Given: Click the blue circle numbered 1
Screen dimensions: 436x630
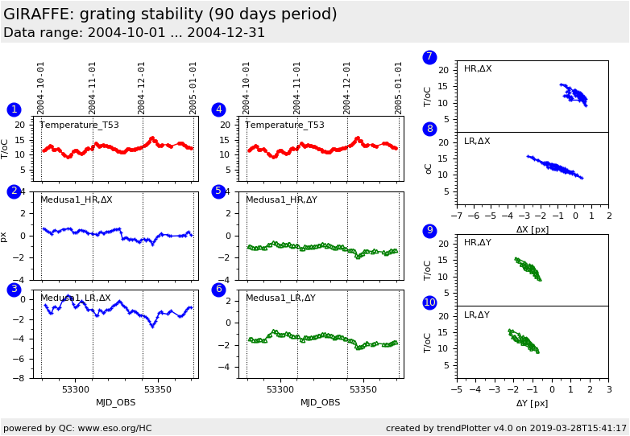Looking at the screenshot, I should click(14, 109).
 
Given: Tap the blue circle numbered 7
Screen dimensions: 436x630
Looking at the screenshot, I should click(429, 57).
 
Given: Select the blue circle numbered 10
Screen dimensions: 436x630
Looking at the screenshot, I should click(429, 302).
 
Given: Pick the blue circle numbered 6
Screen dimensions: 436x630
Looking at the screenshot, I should click(218, 290).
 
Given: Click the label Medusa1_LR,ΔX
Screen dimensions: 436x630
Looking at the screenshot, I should click(77, 298).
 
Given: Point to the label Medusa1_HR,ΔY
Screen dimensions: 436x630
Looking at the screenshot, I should click(281, 199).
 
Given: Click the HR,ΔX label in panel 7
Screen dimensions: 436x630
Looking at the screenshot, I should click(478, 69).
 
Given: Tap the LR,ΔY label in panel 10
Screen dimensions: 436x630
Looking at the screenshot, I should click(478, 315).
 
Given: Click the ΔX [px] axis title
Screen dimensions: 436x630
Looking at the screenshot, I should click(533, 229).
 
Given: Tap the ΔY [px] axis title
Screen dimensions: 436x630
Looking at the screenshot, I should click(533, 403).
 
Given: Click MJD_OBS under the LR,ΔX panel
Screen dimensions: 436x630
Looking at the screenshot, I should click(116, 402).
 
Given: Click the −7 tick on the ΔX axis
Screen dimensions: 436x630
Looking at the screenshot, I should click(457, 216).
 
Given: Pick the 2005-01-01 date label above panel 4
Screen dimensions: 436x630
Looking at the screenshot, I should click(399, 88).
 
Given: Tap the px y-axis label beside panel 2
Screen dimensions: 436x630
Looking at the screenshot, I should click(4, 237).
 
